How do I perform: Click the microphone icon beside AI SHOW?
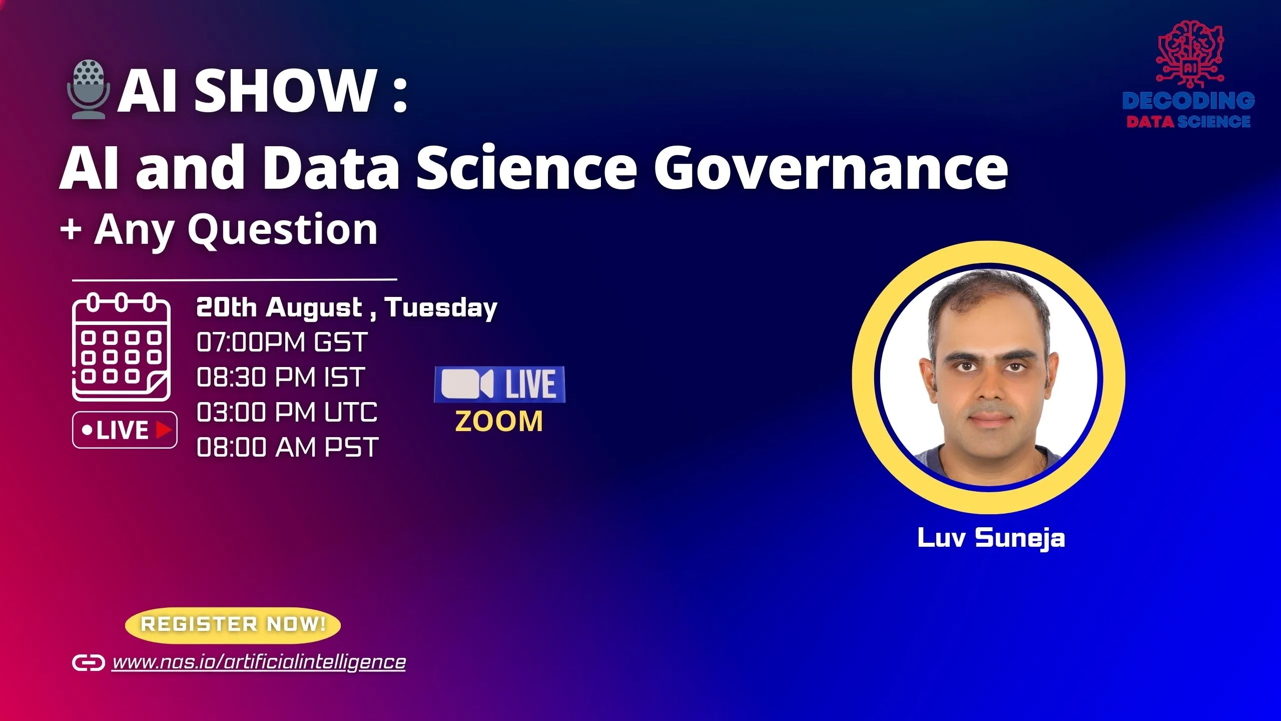pyautogui.click(x=88, y=89)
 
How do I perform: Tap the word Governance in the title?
pyautogui.click(x=831, y=168)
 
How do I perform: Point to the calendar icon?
pyautogui.click(x=122, y=347)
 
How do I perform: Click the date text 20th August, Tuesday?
pyautogui.click(x=346, y=307)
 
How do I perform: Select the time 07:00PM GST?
pyautogui.click(x=282, y=342)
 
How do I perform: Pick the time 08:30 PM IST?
pyautogui.click(x=281, y=378)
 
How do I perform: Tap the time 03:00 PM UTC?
pyautogui.click(x=287, y=413)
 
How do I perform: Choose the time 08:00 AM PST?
pyautogui.click(x=287, y=448)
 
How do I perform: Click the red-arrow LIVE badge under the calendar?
pyautogui.click(x=125, y=430)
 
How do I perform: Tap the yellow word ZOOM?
pyautogui.click(x=499, y=422)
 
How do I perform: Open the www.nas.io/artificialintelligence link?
pyautogui.click(x=259, y=662)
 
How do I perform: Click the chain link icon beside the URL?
pyautogui.click(x=89, y=662)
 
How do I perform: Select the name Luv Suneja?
pyautogui.click(x=991, y=538)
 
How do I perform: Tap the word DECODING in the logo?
pyautogui.click(x=1188, y=101)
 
